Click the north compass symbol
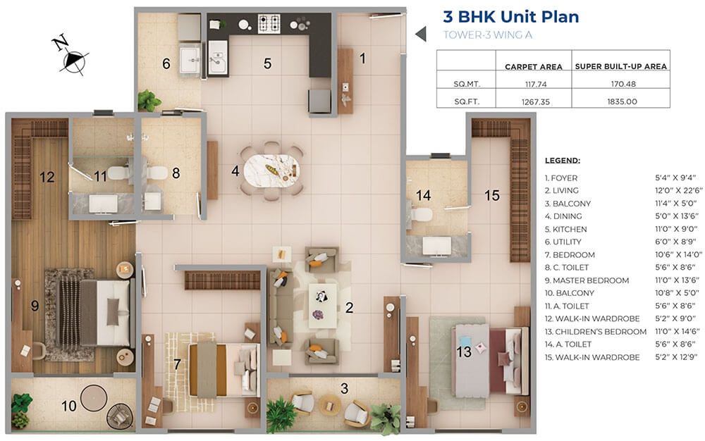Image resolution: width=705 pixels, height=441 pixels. tap(71, 56)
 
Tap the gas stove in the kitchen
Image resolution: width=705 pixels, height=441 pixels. tap(269, 23)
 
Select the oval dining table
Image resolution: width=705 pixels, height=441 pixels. tap(272, 170)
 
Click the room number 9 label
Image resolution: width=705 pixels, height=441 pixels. tap(35, 306)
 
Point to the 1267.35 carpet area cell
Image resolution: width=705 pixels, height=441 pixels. tap(536, 101)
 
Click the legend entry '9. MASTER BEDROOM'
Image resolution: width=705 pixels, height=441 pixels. tap(587, 280)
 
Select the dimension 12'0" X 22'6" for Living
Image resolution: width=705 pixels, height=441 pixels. tap(678, 190)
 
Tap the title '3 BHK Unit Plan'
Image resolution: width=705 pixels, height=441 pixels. tap(510, 17)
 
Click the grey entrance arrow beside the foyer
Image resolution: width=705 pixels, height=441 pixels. tap(421, 34)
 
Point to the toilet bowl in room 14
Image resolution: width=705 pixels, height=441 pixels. tap(421, 214)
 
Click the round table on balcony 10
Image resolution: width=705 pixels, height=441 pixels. tap(94, 397)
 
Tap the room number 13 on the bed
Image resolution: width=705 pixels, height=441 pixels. tap(464, 352)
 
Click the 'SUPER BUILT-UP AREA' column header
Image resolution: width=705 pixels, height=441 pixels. tap(620, 66)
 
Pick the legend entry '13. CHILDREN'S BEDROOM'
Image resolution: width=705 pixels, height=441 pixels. tap(595, 331)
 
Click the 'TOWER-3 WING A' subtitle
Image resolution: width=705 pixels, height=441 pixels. tap(487, 35)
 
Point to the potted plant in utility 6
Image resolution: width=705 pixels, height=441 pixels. tap(148, 100)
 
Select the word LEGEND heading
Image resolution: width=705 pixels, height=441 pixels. tap(563, 161)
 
